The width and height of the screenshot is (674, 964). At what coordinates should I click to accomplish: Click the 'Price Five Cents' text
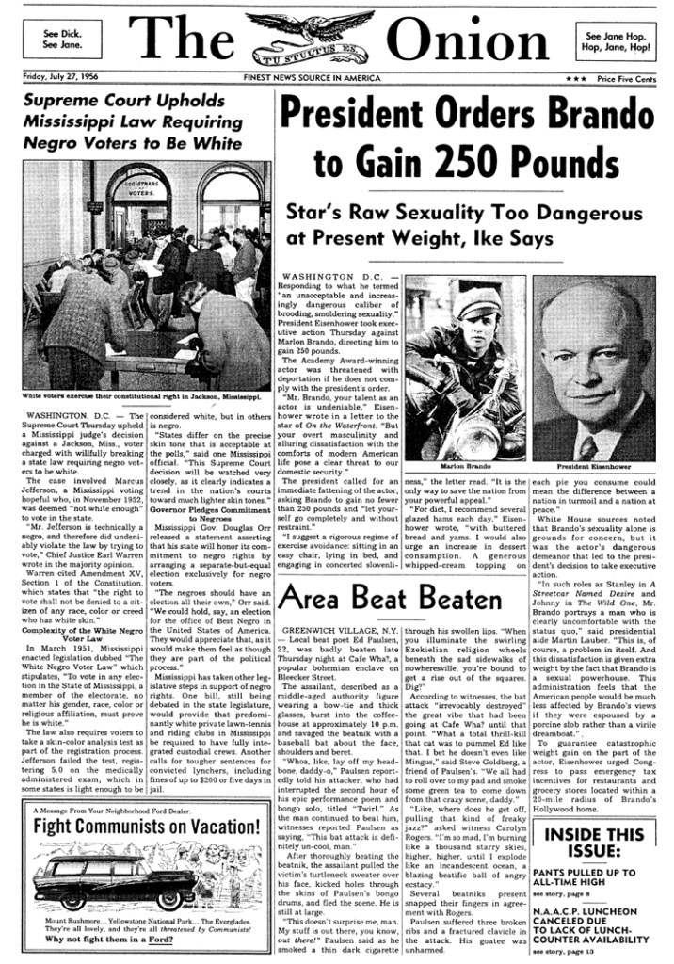(626, 80)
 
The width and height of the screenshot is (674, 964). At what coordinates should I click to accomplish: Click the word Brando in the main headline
(592, 117)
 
